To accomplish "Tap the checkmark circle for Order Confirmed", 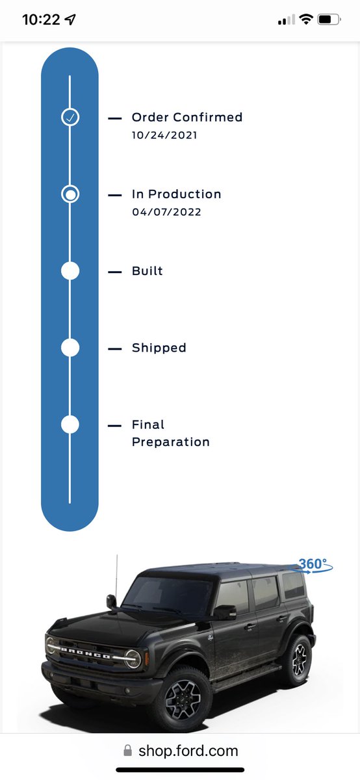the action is click(70, 117).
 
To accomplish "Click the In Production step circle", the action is click(70, 194).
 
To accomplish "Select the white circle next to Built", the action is click(70, 271).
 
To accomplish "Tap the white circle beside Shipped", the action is click(70, 348).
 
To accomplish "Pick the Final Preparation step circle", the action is click(70, 424).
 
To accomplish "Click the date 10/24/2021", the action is click(164, 135).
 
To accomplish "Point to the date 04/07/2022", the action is click(166, 212).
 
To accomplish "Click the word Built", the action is click(148, 271).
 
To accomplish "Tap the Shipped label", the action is click(159, 348).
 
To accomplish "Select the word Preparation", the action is click(171, 442).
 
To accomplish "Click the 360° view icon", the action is click(313, 565).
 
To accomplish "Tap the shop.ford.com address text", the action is click(188, 751).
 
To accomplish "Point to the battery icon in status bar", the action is click(329, 19).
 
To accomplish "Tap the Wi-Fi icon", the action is click(306, 19).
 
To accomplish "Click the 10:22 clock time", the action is click(41, 19).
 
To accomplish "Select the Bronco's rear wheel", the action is click(299, 659).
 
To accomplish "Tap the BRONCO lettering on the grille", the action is click(86, 653).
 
